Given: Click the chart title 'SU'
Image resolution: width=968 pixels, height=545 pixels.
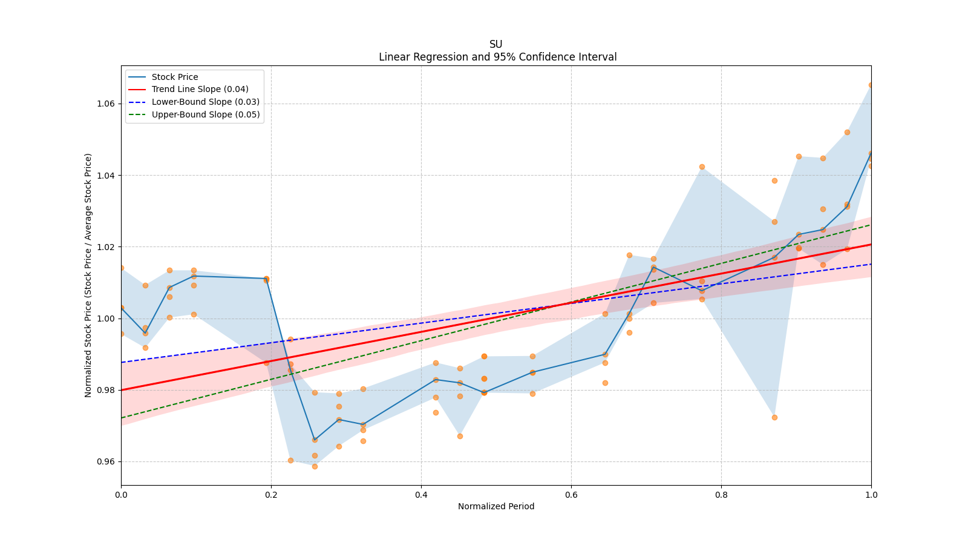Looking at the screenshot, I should click(x=495, y=44).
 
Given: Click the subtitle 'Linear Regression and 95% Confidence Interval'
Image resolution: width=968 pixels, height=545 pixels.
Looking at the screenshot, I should click(x=497, y=57).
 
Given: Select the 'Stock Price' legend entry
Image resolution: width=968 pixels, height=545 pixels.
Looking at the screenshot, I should click(x=175, y=77).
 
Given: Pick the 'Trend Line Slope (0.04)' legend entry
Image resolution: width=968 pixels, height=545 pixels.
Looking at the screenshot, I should click(x=200, y=90).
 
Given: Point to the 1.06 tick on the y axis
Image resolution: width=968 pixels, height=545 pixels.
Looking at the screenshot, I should click(x=106, y=104).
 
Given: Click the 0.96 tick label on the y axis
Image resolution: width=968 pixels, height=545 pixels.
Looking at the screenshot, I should click(x=106, y=461).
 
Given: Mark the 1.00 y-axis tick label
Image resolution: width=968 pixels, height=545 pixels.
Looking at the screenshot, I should click(x=106, y=319).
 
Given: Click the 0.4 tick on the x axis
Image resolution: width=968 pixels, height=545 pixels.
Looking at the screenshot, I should click(x=421, y=495).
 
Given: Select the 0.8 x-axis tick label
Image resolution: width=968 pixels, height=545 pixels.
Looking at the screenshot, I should click(x=721, y=495).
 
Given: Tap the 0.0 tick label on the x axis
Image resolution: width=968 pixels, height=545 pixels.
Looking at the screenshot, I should click(x=121, y=495).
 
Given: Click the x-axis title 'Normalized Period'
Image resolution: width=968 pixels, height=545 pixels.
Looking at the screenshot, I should click(x=496, y=506).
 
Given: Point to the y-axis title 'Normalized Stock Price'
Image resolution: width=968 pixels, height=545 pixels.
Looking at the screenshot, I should click(x=88, y=275).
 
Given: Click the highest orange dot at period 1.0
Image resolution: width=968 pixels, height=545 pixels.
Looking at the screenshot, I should click(x=871, y=85).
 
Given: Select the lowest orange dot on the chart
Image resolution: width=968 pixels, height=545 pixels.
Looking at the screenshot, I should click(x=315, y=466).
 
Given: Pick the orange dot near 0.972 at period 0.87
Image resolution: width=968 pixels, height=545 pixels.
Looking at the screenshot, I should click(x=774, y=417).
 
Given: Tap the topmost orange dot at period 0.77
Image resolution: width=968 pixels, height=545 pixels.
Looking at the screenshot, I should click(x=702, y=167).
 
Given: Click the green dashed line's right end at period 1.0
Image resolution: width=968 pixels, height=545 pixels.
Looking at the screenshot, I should click(x=871, y=225).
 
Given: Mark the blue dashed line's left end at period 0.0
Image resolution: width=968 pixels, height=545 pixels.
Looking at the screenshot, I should click(x=122, y=362).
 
